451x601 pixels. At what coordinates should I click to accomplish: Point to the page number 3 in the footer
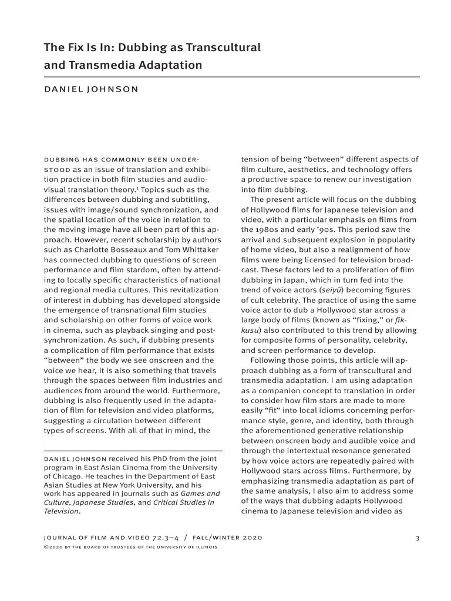(416, 538)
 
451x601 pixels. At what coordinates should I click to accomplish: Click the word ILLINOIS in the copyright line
(204, 547)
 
